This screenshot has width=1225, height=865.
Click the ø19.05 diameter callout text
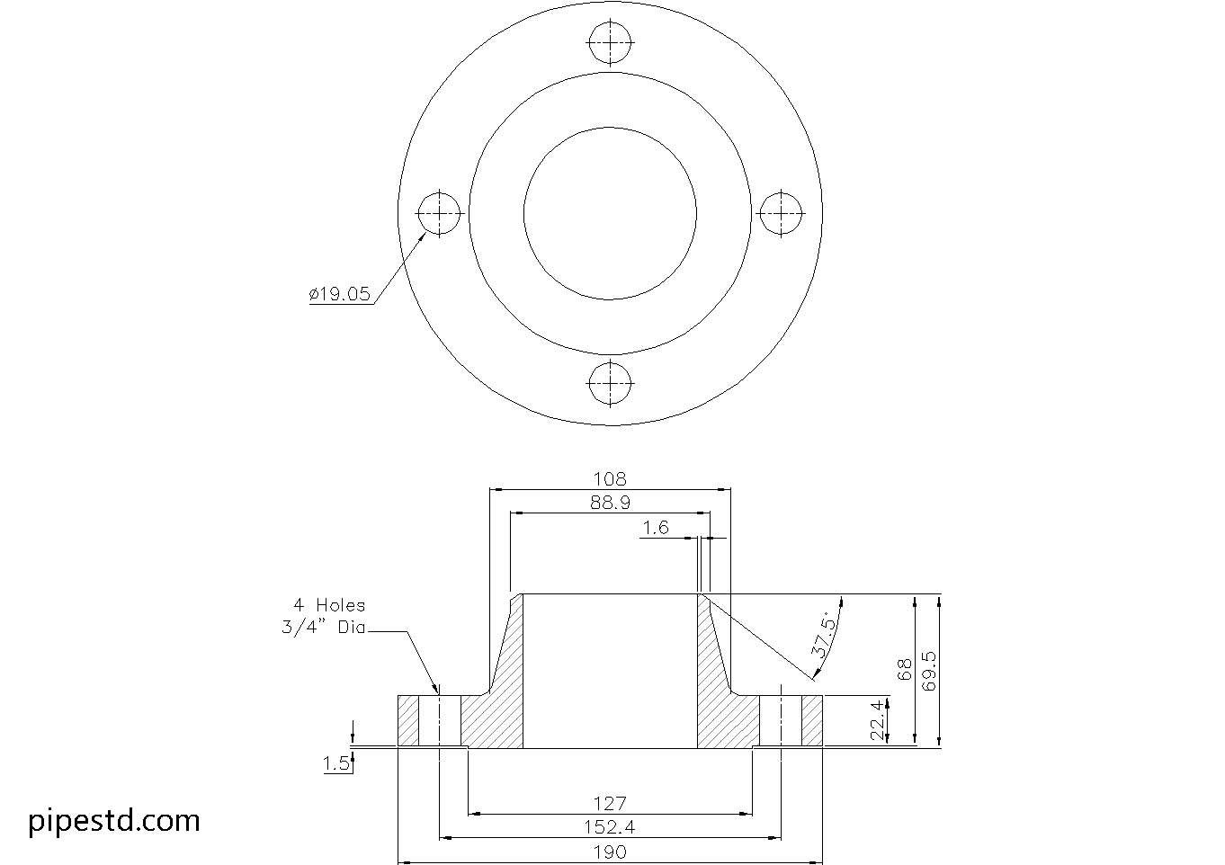pos(339,294)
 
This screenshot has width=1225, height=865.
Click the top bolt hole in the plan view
pos(611,41)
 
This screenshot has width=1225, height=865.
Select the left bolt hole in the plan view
pos(439,213)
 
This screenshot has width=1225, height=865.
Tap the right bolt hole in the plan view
pos(782,213)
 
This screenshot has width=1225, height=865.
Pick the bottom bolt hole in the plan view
pos(611,384)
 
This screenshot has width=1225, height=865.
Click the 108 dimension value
pos(610,479)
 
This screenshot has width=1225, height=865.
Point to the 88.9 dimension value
pos(610,504)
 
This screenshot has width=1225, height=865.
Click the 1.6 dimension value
pos(656,528)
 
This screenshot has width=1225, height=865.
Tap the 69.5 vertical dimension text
pos(930,671)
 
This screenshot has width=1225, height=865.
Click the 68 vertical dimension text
pos(906,669)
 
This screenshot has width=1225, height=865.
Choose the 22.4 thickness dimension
pos(877,721)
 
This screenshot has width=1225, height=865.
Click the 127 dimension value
pos(610,803)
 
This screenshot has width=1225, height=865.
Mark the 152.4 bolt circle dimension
pos(610,827)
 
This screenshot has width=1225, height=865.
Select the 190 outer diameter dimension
pos(610,852)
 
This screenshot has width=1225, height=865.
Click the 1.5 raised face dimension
pos(336,764)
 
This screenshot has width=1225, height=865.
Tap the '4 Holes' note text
pos(328,605)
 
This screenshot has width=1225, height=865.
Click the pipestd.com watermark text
pos(114,820)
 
